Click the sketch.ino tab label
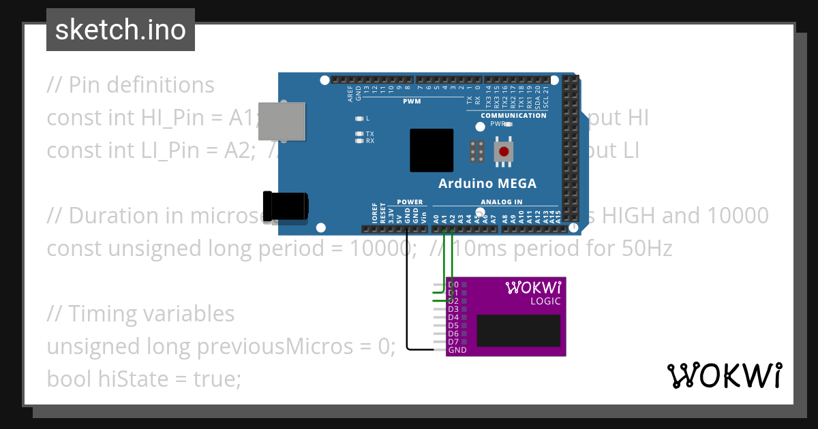120,30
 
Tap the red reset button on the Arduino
504,151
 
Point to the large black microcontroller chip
431,150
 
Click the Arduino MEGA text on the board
487,183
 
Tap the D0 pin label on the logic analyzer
453,285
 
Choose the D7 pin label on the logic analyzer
453,342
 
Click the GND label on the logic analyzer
457,350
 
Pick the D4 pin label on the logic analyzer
453,317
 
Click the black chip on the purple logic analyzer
518,330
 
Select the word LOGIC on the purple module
545,301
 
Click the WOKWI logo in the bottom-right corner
724,376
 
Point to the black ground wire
407,293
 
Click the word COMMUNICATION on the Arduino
513,116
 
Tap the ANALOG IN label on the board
501,202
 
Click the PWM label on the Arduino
412,102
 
